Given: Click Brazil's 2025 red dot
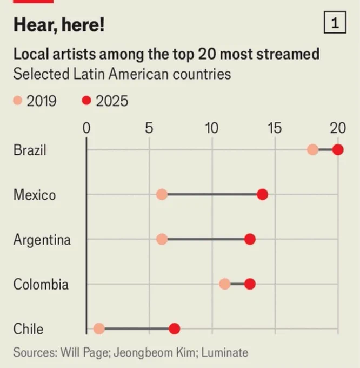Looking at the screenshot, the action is point(338,150).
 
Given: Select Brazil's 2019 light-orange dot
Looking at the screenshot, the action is point(312,150).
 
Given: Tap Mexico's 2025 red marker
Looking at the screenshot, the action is point(263,195).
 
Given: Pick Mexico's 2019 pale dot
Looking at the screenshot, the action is point(162,195).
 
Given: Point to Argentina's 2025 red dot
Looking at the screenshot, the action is point(250,239).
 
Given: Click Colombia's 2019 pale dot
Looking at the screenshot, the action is point(225,284).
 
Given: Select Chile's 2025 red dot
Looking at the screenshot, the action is point(175,328).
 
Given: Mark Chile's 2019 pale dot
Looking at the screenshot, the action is point(99,328).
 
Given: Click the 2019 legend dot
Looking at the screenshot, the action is point(18,101).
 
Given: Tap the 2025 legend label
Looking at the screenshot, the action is point(112,101).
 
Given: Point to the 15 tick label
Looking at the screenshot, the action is point(275,128).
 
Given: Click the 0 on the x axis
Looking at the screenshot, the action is point(86,128).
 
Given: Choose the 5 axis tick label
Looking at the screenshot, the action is point(149,128).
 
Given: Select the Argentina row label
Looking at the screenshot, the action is point(42,240).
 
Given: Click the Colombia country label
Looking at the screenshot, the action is point(41,284).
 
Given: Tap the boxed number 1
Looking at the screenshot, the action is point(335,22).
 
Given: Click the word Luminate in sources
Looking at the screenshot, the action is point(224,352).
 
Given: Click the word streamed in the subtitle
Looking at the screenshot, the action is point(288,54).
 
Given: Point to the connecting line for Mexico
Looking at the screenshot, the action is point(212,195).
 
